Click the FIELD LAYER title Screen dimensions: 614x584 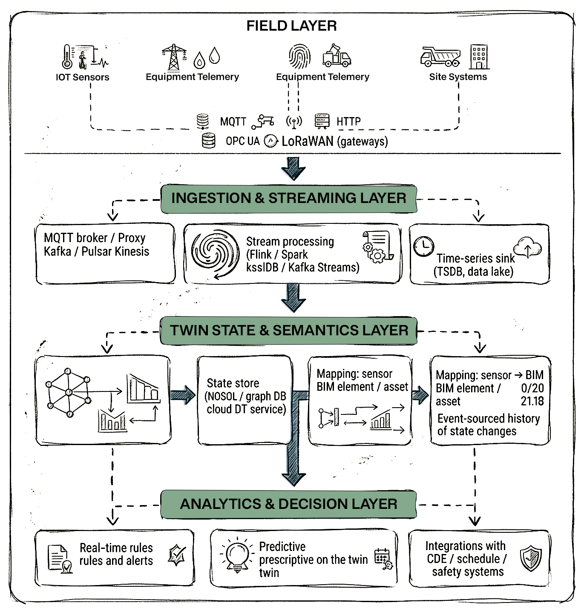(x=291, y=26)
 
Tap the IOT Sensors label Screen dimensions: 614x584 (x=82, y=77)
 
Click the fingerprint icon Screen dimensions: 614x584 (x=299, y=56)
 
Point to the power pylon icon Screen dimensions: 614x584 (x=174, y=57)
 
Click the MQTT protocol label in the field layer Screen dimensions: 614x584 (x=233, y=122)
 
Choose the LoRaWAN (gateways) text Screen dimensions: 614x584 (x=335, y=141)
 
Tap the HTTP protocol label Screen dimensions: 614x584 (x=348, y=122)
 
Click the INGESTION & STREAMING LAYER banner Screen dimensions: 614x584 (x=288, y=198)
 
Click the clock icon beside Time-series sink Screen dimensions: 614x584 (x=424, y=246)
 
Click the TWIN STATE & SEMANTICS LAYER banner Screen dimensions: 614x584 (x=289, y=331)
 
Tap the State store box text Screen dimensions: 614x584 (x=246, y=396)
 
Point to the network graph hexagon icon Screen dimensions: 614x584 (x=69, y=392)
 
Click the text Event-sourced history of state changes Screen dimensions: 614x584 (x=488, y=425)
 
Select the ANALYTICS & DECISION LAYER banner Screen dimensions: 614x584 (x=288, y=504)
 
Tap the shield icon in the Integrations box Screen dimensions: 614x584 (x=531, y=558)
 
